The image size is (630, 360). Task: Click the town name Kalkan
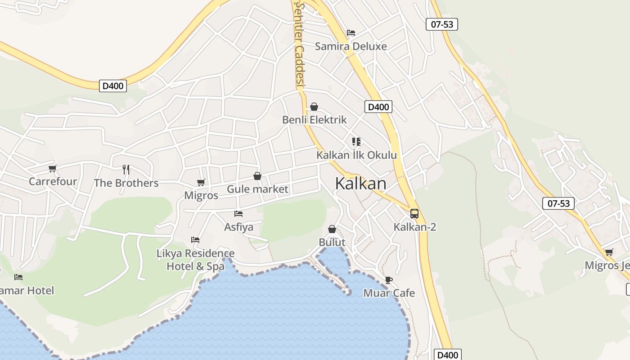[360, 184]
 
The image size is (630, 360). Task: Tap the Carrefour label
[53, 182]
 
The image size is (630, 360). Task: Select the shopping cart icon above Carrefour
[53, 169]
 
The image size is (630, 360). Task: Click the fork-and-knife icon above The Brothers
[126, 170]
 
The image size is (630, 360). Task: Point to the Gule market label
[257, 189]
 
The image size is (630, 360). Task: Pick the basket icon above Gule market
[257, 176]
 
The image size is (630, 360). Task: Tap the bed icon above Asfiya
[238, 214]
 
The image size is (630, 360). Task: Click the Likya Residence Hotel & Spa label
[195, 260]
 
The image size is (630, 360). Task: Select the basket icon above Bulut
[332, 229]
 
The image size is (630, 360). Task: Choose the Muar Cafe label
[389, 293]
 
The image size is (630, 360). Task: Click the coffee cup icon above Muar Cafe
[389, 280]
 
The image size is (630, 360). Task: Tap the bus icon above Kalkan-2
[414, 214]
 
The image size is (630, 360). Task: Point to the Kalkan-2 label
[414, 227]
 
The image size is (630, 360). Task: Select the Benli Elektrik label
[314, 120]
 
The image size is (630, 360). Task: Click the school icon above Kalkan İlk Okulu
[356, 142]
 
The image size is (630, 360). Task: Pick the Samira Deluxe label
[351, 46]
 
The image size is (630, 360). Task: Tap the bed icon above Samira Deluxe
[351, 33]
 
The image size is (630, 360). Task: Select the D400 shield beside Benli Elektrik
[378, 107]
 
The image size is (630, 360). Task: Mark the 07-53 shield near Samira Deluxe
[441, 24]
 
